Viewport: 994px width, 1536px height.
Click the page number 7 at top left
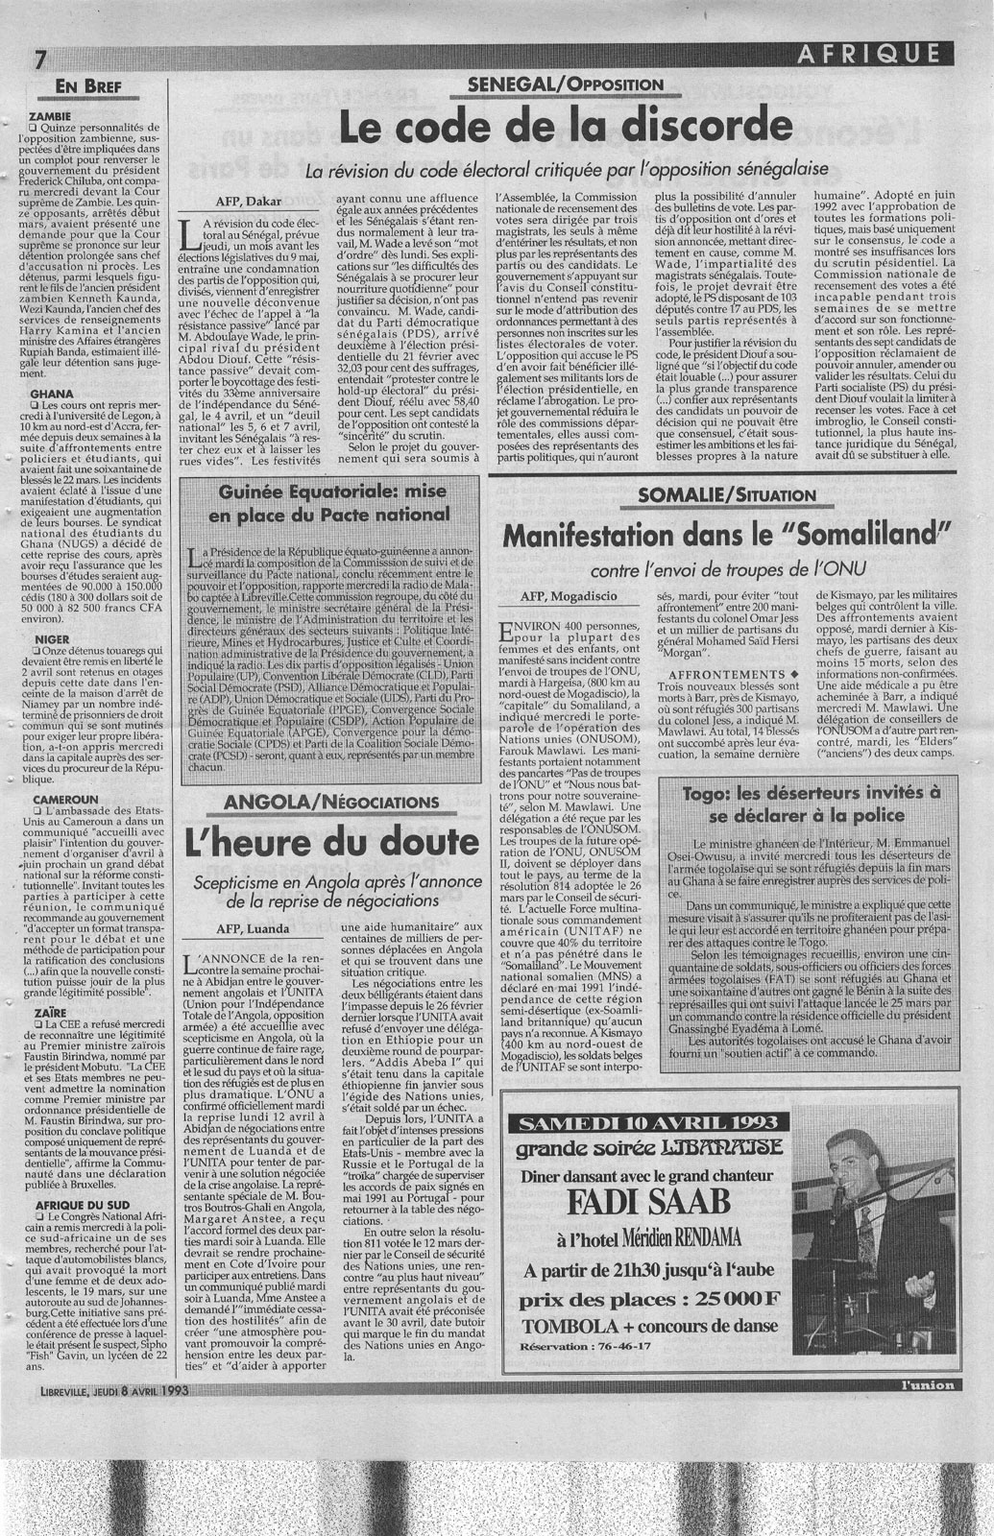click(x=39, y=58)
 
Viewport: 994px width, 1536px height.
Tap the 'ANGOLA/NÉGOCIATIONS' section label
click(x=329, y=802)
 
